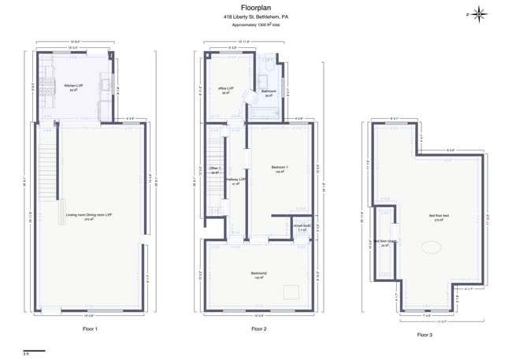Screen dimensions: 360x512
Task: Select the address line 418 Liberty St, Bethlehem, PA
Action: click(x=255, y=16)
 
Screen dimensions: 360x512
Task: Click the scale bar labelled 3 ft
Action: click(x=34, y=351)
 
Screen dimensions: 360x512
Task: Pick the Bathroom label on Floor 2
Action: click(x=269, y=91)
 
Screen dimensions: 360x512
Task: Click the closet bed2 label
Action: click(x=302, y=226)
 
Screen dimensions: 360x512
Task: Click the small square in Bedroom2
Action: click(x=291, y=291)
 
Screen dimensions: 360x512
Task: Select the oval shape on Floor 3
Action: click(x=431, y=247)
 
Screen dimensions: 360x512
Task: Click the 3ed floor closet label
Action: click(x=385, y=242)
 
